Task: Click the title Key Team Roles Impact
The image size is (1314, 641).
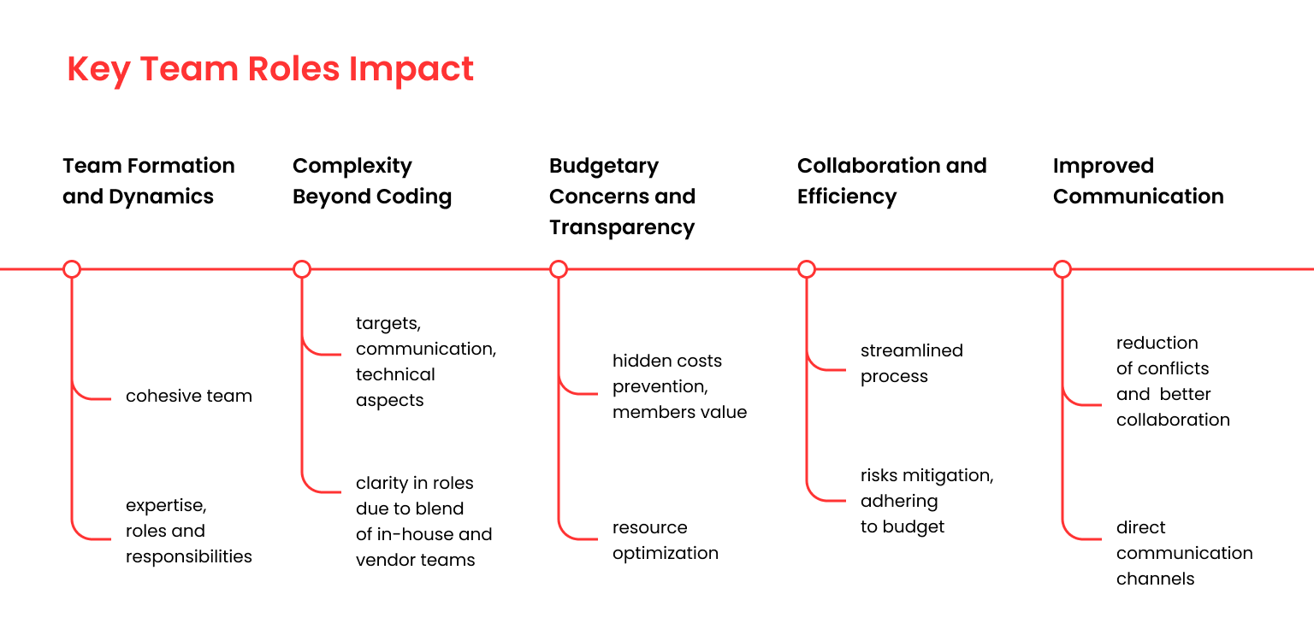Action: tap(269, 69)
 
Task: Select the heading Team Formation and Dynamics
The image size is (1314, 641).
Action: tap(148, 181)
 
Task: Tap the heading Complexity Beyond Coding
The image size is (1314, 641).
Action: tap(372, 181)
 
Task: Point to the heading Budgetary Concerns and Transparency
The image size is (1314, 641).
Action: tap(622, 197)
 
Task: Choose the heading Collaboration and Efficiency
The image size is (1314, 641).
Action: tap(891, 181)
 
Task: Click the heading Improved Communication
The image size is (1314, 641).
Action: tap(1138, 181)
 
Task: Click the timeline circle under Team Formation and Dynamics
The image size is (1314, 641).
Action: tap(72, 269)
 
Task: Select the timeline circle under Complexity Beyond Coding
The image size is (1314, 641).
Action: tap(301, 269)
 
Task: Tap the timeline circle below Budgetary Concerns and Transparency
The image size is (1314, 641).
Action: tap(559, 269)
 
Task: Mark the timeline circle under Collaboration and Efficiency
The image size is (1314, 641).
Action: tap(807, 269)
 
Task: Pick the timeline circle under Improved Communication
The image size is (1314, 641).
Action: tap(1062, 269)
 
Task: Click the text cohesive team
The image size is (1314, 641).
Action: tap(189, 396)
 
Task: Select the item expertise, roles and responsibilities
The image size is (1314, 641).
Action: tap(189, 531)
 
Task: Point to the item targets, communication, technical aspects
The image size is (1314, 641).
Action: tap(426, 362)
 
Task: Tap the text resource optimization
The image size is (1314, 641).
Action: tap(666, 540)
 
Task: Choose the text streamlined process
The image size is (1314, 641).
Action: tap(912, 363)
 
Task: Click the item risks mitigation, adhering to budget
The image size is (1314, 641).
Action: tap(926, 501)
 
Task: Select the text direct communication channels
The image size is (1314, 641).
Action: tap(1184, 553)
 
